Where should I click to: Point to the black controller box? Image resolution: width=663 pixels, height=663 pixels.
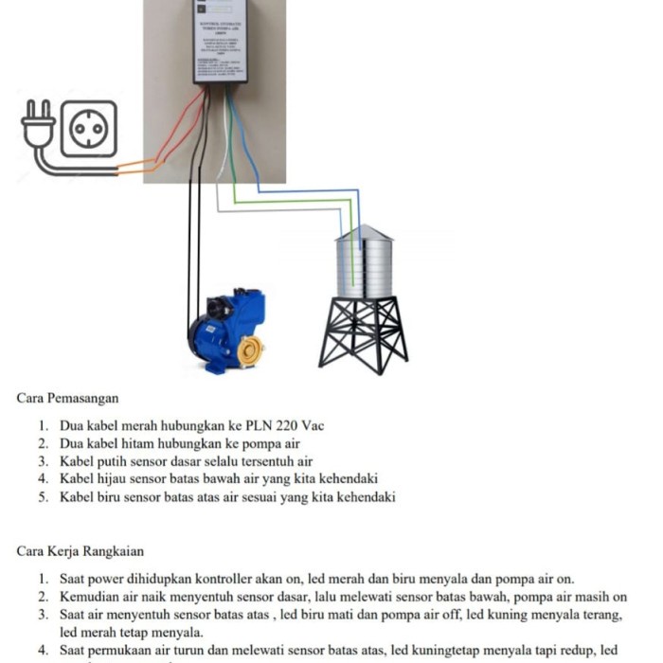[x=220, y=43]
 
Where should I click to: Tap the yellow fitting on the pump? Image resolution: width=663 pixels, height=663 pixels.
[x=251, y=351]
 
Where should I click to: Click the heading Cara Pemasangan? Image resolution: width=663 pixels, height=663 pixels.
[x=68, y=399]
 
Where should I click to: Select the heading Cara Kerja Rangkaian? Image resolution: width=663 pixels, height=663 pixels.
[x=81, y=551]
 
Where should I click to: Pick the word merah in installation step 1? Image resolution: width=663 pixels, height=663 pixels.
[x=141, y=425]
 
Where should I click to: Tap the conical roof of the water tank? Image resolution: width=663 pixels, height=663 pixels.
[x=364, y=233]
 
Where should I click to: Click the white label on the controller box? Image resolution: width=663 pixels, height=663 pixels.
[x=220, y=43]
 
